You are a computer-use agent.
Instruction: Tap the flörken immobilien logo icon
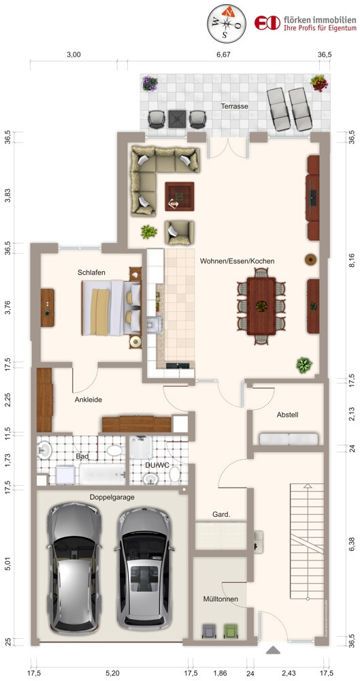[x=267, y=22]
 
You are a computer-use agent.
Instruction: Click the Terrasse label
[x=234, y=106]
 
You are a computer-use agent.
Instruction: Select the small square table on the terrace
[x=178, y=118]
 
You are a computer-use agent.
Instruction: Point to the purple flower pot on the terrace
[x=150, y=83]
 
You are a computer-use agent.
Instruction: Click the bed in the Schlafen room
[x=111, y=308]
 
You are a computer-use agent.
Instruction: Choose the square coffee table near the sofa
[x=180, y=196]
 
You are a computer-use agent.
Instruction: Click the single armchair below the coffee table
[x=179, y=233]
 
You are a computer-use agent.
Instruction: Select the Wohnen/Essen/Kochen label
[x=237, y=262]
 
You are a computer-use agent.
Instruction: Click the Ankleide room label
[x=88, y=400]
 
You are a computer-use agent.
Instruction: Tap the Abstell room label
[x=287, y=415]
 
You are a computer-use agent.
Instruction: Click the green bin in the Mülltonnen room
[x=230, y=631]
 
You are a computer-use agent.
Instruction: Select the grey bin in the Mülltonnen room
[x=209, y=631]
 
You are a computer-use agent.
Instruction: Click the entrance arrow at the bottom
[x=273, y=650]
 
